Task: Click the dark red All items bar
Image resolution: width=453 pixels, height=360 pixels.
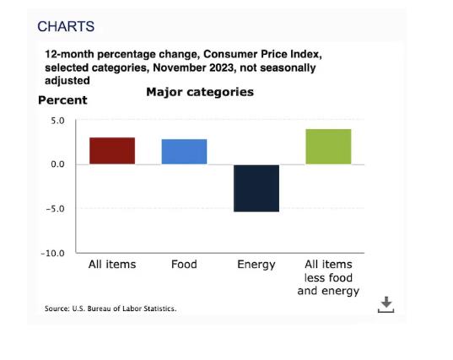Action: point(112,151)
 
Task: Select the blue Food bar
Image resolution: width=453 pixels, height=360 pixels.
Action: point(184,152)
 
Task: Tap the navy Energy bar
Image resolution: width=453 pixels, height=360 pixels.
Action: point(256,188)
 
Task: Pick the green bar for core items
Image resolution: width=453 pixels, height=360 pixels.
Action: point(328,147)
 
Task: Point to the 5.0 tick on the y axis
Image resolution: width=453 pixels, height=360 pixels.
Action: point(57,121)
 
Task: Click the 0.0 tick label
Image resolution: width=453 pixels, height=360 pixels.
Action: point(57,164)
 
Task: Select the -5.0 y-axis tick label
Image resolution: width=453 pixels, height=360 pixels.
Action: point(55,208)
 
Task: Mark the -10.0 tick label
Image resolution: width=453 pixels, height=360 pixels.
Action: point(53,253)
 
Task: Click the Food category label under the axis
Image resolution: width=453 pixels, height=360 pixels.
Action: point(184,264)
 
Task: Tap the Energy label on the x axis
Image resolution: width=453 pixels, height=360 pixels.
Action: point(256,265)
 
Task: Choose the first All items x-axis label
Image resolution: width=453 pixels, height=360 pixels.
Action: point(112,264)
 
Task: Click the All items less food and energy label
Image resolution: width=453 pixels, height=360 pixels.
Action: point(328,277)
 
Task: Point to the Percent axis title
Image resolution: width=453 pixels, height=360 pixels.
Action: point(62,100)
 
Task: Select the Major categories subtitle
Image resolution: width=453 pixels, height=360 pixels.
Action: point(200,92)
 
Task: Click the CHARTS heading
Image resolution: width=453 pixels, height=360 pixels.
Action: point(66,26)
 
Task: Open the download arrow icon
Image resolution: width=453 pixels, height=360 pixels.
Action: point(386,304)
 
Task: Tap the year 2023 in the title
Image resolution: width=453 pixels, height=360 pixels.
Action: point(221,67)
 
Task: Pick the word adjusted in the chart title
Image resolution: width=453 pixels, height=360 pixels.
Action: point(67,81)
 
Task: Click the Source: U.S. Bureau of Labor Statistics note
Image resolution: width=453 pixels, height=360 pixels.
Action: point(111,309)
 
